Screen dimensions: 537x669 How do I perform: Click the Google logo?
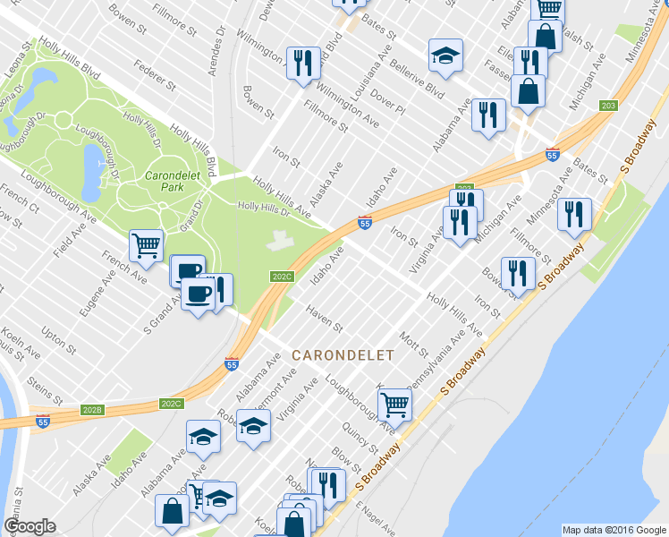pyautogui.click(x=30, y=526)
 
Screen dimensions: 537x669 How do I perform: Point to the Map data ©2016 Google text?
pyautogui.click(x=613, y=530)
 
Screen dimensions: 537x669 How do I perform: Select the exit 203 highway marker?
pyautogui.click(x=608, y=106)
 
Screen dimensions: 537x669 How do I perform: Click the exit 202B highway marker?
pyautogui.click(x=92, y=409)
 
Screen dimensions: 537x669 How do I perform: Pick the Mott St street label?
pyautogui.click(x=414, y=342)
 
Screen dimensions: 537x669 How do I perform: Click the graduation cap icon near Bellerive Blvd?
pyautogui.click(x=445, y=55)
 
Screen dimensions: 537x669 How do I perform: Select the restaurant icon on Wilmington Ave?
pyautogui.click(x=304, y=63)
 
